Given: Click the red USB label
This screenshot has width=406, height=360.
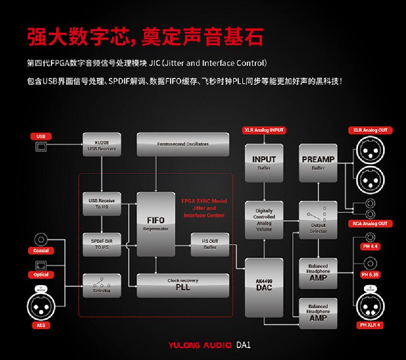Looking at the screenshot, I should coord(41,137).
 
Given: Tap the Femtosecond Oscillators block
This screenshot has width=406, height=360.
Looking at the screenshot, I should coord(183,144).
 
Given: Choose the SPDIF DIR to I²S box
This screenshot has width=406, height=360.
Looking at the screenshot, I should coord(101,244).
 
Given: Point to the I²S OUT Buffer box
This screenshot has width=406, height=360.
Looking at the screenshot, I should coord(210,244).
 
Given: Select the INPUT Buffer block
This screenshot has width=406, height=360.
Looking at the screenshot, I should coord(264,163).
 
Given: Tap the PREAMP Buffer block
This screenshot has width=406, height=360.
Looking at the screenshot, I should coord(318,163).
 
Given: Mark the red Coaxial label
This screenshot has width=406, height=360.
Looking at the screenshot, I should coord(41,251).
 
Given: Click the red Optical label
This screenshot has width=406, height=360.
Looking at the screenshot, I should coord(41,274).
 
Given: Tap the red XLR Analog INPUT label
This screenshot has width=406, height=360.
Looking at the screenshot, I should coord(264,130).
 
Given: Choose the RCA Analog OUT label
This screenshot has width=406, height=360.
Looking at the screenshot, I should coord(370,224).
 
